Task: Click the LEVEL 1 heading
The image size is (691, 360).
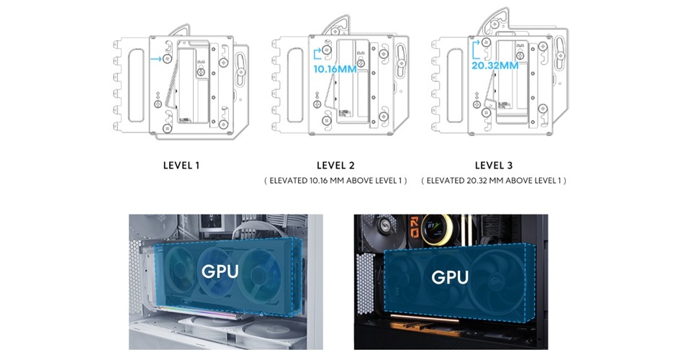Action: coord(181,165)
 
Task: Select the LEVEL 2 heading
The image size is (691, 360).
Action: coord(336,165)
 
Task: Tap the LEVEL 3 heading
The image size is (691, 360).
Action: coord(494,165)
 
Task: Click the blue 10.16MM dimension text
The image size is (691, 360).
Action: coord(335,70)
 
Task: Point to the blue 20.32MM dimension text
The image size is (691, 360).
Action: coord(494,66)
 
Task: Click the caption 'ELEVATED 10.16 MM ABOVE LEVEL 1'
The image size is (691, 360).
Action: coord(336,181)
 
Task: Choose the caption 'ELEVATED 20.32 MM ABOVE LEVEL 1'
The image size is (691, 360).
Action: coord(494,181)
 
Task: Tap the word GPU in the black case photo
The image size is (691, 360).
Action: coord(450,276)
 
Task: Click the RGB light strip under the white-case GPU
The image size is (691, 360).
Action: coord(216,317)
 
